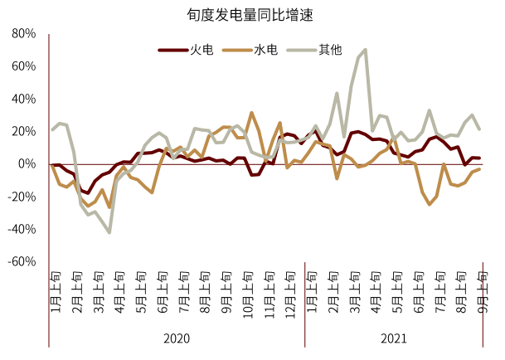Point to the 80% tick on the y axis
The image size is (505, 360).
(x=23, y=34)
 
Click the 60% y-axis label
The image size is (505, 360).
(x=23, y=66)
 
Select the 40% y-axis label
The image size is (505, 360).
(x=23, y=99)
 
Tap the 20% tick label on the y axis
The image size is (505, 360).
(x=23, y=131)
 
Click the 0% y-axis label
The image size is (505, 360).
(x=27, y=164)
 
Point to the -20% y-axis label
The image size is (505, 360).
(x=22, y=197)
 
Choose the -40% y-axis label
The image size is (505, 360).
(x=22, y=229)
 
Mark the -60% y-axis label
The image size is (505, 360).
(x=22, y=261)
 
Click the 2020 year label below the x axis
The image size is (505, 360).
(x=176, y=339)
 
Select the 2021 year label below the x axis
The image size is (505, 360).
(x=394, y=339)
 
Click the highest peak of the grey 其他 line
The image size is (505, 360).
(x=365, y=50)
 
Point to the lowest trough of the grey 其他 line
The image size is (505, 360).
(x=109, y=232)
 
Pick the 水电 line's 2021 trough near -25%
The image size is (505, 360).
(x=430, y=204)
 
